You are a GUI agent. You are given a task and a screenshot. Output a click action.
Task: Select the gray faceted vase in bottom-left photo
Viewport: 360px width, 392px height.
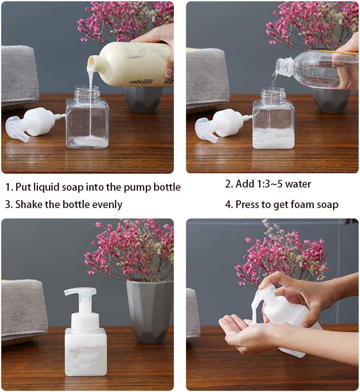click(150, 310)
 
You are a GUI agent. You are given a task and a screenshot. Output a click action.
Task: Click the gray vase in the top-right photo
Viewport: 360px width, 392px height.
click(330, 101)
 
